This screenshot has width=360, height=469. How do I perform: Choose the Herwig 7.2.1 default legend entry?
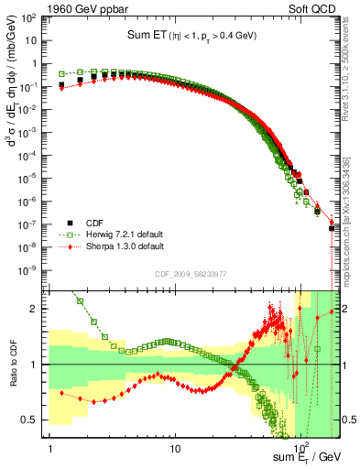(x=126, y=234)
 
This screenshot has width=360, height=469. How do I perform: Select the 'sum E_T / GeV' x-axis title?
(x=306, y=455)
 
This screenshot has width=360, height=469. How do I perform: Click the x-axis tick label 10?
(x=174, y=450)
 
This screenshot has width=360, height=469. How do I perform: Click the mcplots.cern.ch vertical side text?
(x=351, y=229)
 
